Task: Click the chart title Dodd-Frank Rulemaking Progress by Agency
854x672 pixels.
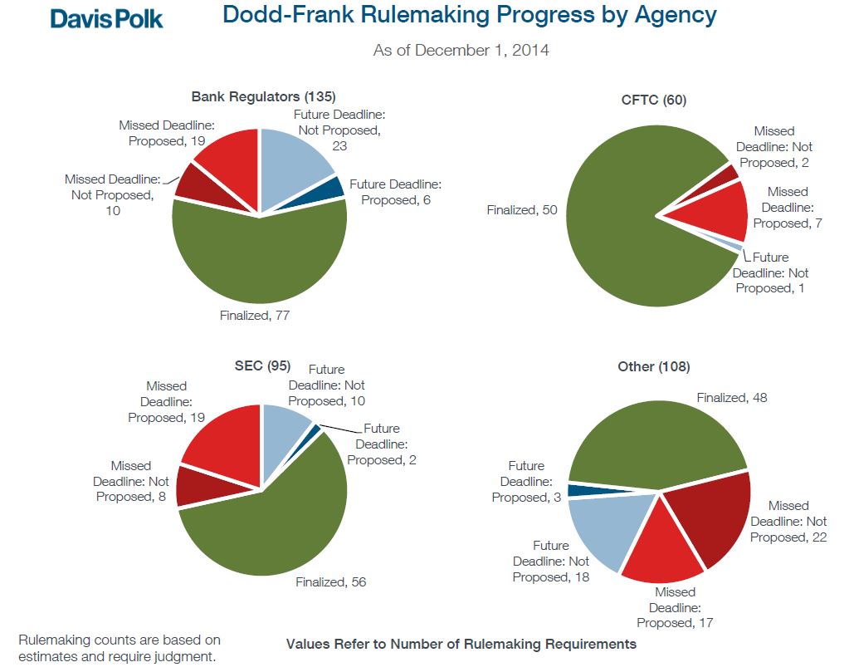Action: [x=469, y=15]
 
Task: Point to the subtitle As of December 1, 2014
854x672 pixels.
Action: [x=461, y=51]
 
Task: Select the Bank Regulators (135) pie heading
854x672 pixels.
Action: [x=263, y=96]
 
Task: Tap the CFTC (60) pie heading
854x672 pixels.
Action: [x=654, y=101]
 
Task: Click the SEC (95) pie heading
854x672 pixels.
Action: [x=263, y=366]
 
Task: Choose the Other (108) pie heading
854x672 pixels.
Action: [x=654, y=366]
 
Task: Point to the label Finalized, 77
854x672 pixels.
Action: [x=254, y=316]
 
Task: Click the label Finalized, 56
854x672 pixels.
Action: [x=330, y=582]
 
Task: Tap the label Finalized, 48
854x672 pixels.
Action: [x=732, y=398]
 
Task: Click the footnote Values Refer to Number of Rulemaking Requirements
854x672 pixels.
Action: [x=461, y=644]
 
